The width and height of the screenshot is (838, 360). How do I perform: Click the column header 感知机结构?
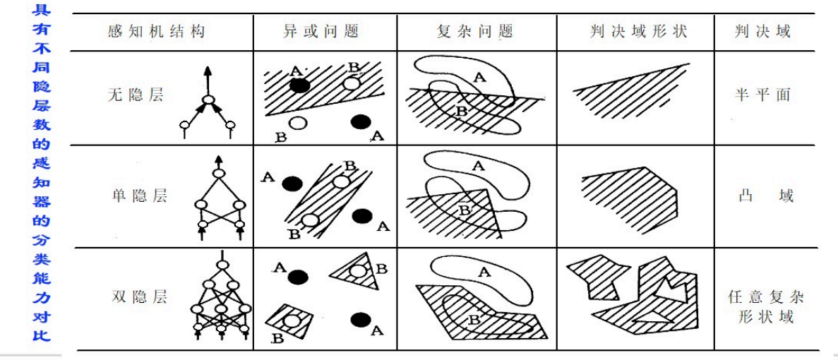156,32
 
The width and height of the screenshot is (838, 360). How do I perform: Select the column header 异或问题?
321,32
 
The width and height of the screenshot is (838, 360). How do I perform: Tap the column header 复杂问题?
475,32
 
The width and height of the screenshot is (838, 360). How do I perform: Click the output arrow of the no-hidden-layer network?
208,80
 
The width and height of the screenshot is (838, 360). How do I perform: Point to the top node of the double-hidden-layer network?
222,264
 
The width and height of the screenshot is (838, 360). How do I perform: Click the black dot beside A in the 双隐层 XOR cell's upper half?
298,277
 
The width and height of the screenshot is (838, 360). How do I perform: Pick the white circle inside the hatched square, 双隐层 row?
291,322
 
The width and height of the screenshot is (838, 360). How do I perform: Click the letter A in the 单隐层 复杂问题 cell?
478,167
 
